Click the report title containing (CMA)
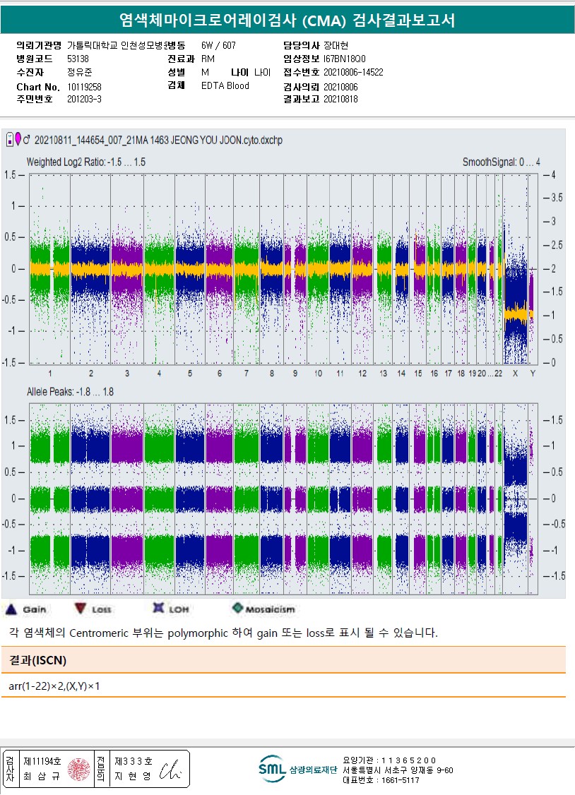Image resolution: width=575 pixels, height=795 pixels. [x=287, y=21]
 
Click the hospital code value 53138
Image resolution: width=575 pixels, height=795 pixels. [x=78, y=59]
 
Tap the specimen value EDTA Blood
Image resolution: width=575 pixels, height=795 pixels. [x=225, y=86]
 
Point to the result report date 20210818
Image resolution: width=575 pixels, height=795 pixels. [x=340, y=100]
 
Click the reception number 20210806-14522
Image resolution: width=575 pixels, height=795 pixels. [x=353, y=72]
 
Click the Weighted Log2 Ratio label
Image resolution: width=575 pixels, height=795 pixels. [x=85, y=162]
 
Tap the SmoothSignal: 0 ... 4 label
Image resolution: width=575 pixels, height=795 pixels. [x=501, y=162]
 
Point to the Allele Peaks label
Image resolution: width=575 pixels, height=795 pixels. [x=70, y=391]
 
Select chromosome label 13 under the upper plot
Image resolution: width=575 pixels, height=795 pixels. [x=383, y=373]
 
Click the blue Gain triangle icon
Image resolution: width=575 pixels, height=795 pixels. [x=11, y=609]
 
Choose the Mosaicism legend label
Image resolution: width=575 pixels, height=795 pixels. [x=271, y=609]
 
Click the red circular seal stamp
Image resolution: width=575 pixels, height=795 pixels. [x=78, y=769]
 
